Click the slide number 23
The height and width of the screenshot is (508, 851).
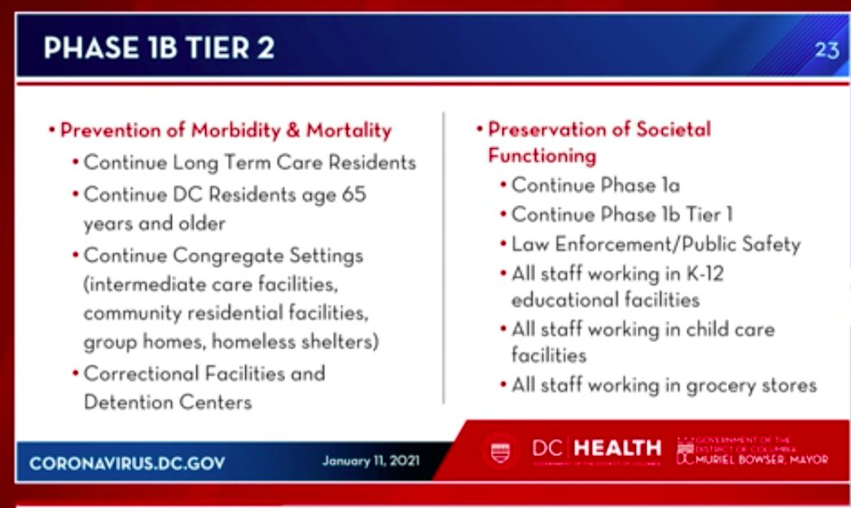[x=826, y=50]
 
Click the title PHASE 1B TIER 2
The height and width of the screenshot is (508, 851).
[x=159, y=48]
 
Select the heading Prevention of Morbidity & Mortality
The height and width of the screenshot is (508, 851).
[x=226, y=130]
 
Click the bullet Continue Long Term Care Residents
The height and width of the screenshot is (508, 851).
[x=249, y=162]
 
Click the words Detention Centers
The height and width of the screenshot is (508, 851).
[x=167, y=402]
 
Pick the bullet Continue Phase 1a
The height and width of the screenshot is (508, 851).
[x=595, y=186]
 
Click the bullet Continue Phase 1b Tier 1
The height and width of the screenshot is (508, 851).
[x=622, y=215]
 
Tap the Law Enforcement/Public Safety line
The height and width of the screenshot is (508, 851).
[x=656, y=244]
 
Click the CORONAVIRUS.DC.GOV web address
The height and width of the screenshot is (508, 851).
[x=127, y=463]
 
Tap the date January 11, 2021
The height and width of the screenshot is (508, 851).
[x=371, y=461]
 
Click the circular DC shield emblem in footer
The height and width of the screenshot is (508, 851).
[x=500, y=451]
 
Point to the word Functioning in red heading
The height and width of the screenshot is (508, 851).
[x=542, y=155]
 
